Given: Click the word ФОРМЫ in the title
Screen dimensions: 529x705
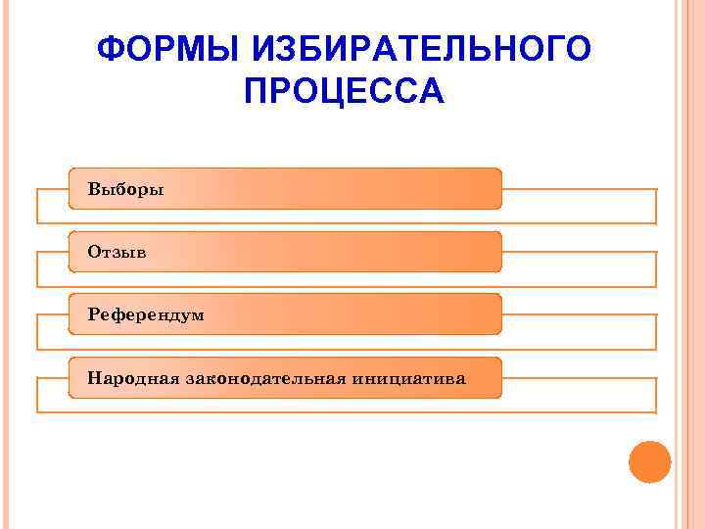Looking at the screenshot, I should (155, 49).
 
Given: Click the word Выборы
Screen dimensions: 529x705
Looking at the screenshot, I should (125, 188).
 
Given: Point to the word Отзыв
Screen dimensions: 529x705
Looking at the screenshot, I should (117, 252).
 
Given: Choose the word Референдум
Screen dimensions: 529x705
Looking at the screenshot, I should (145, 314).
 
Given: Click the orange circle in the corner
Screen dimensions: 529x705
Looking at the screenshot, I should (649, 461).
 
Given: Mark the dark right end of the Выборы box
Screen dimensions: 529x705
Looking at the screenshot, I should (485, 188).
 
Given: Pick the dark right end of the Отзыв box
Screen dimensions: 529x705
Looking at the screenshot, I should (485, 252).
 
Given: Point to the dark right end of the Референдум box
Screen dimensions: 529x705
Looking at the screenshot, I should (485, 314).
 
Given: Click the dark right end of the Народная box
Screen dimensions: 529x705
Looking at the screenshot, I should (485, 377).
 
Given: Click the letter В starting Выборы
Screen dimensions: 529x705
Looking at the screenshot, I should (93, 188).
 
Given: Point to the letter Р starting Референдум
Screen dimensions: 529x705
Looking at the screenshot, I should (92, 314).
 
